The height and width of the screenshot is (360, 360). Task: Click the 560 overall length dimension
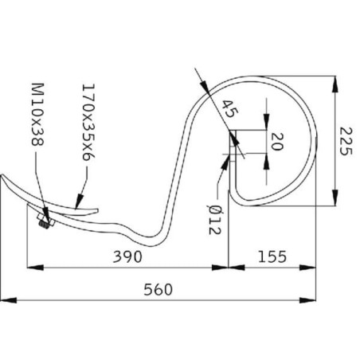pos(158,290)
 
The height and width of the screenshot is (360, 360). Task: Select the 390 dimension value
pos(127,256)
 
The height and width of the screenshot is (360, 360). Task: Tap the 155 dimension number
pos(272,256)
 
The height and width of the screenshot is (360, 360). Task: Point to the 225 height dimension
pos(346,141)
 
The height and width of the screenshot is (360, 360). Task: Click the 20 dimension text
pos(277,142)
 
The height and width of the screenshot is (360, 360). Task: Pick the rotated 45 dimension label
pos(230,109)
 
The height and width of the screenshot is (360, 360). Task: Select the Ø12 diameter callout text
pos(214,220)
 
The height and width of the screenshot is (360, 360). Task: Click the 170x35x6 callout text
pos(88,123)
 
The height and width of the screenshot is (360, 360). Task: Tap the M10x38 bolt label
pos(37,115)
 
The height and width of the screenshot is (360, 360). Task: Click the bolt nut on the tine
pos(45,221)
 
